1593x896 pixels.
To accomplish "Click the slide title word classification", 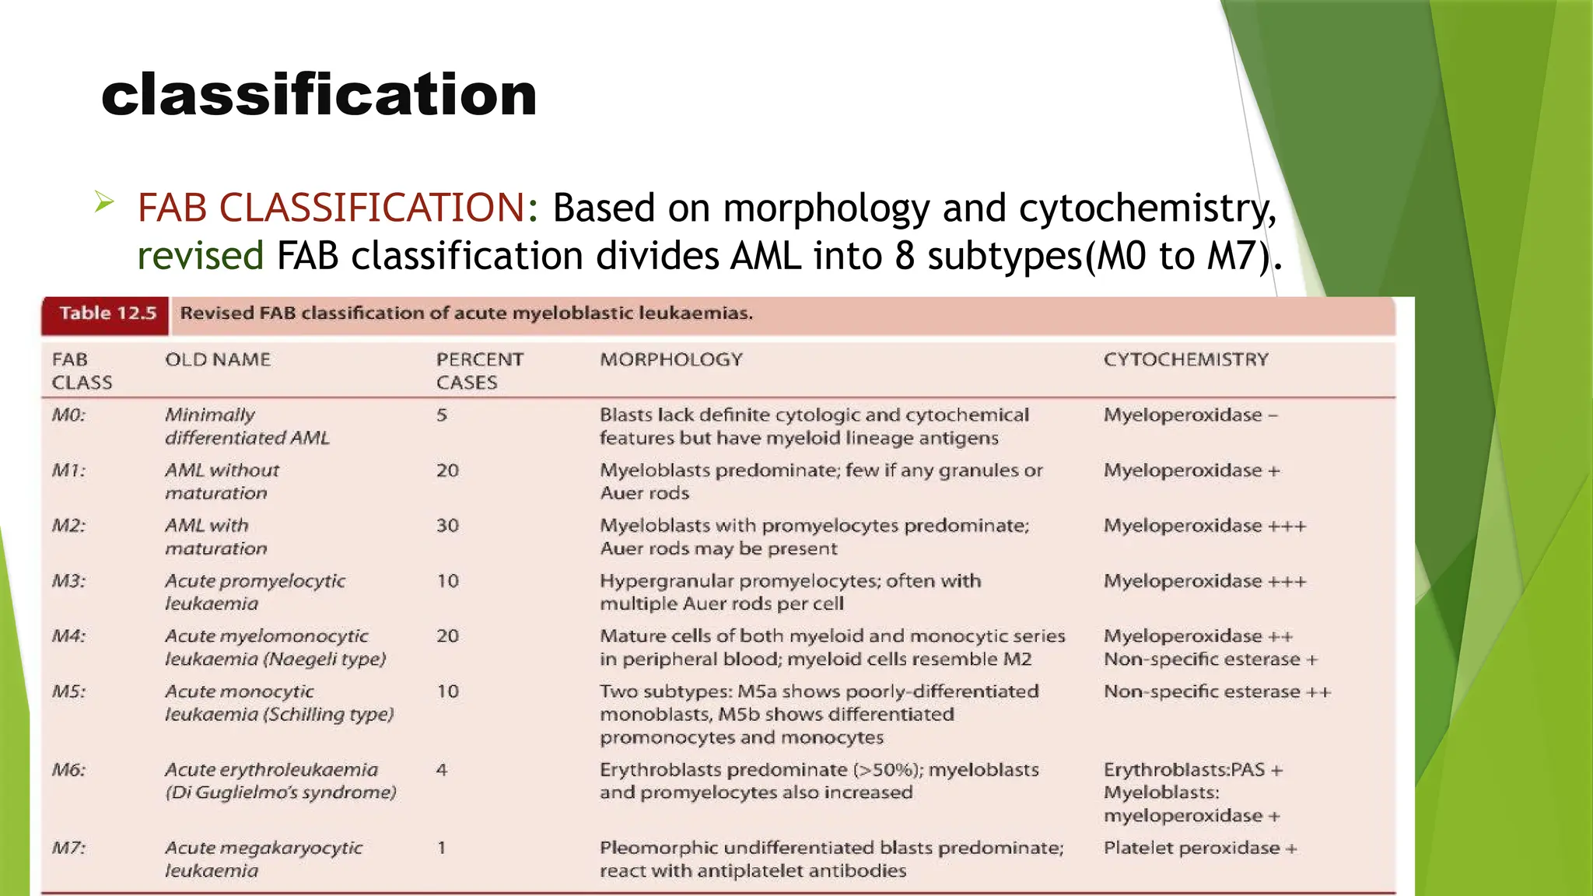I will pos(319,95).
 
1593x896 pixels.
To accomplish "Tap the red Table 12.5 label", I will pos(107,313).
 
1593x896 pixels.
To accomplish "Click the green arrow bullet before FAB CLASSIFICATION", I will pos(104,203).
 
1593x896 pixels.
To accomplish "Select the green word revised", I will pos(201,256).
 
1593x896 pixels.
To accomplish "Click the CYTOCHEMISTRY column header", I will pos(1185,359).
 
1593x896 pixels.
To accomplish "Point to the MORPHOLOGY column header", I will pos(670,359).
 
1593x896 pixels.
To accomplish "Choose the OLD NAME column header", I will pos(218,359).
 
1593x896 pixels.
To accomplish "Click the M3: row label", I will pos(68,581).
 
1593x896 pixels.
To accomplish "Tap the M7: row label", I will pos(68,848).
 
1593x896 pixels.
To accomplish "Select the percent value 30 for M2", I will pos(447,526).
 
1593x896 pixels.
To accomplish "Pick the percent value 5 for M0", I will pos(442,415).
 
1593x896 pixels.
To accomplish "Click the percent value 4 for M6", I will pos(442,770).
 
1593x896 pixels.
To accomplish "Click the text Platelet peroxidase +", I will pos(1199,848).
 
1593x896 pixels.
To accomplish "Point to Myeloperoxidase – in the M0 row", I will pos(1190,415).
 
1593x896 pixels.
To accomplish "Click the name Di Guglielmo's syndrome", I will pos(281,793).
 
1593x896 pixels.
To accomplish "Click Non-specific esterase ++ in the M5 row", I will pos(1217,691).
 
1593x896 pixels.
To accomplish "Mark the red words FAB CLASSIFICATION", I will pos(331,208).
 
